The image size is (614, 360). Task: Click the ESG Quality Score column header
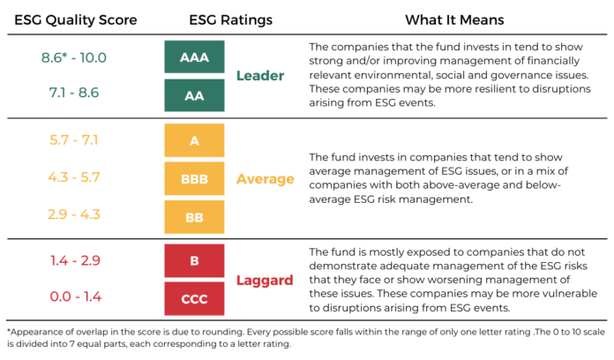pyautogui.click(x=76, y=19)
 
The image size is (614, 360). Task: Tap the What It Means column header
pyautogui.click(x=455, y=19)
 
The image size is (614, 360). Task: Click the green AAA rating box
pyautogui.click(x=194, y=56)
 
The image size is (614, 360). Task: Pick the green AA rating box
pyautogui.click(x=194, y=95)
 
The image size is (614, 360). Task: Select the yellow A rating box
pyautogui.click(x=194, y=140)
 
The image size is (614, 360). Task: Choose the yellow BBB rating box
pyautogui.click(x=194, y=178)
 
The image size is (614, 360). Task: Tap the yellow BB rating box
pyautogui.click(x=194, y=216)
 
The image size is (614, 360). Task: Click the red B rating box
pyautogui.click(x=194, y=260)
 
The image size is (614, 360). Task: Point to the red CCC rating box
pyautogui.click(x=194, y=298)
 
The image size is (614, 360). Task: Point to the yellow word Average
pyautogui.click(x=265, y=179)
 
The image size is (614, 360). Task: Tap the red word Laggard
pyautogui.click(x=265, y=280)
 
